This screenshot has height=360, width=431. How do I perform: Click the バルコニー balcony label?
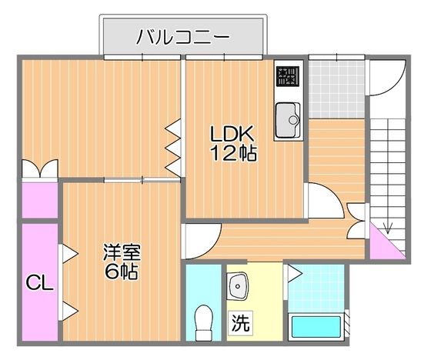[184, 35]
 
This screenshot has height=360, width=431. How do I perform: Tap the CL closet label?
[38, 283]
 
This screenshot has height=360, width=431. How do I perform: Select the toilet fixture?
[204, 322]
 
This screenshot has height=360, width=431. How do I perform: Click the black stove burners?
[289, 75]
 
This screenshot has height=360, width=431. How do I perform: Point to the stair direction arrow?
[389, 225]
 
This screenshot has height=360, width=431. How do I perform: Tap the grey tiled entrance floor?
[328, 85]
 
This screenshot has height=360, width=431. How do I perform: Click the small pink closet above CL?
[38, 200]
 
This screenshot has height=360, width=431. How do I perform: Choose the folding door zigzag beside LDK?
[174, 146]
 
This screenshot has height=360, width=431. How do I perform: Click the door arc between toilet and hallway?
[199, 238]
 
